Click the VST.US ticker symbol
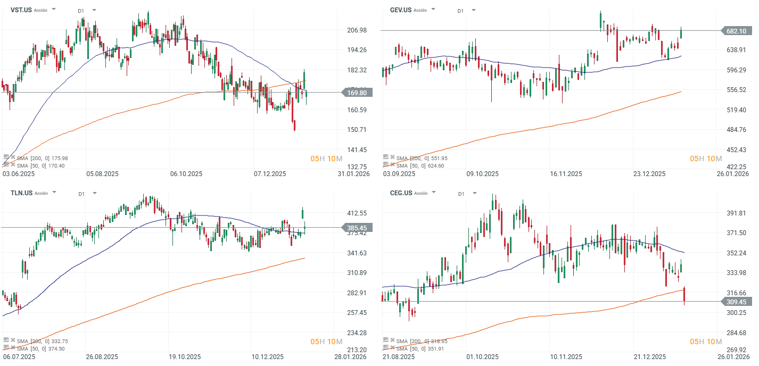pyautogui.click(x=20, y=10)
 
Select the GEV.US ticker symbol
pyautogui.click(x=400, y=10)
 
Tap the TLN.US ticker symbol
pyautogui.click(x=21, y=193)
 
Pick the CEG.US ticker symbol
pyautogui.click(x=400, y=193)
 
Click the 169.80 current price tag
pyautogui.click(x=357, y=93)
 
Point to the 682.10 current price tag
pyautogui.click(x=736, y=31)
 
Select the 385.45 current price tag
pyautogui.click(x=357, y=228)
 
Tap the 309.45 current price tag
pyautogui.click(x=736, y=302)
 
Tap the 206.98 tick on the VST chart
pyautogui.click(x=357, y=30)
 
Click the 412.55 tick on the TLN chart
pyautogui.click(x=357, y=213)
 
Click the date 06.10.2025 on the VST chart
pyautogui.click(x=186, y=174)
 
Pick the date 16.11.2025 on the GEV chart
pyautogui.click(x=566, y=174)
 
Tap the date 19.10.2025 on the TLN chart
pyautogui.click(x=185, y=357)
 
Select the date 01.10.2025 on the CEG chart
pyautogui.click(x=483, y=357)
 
